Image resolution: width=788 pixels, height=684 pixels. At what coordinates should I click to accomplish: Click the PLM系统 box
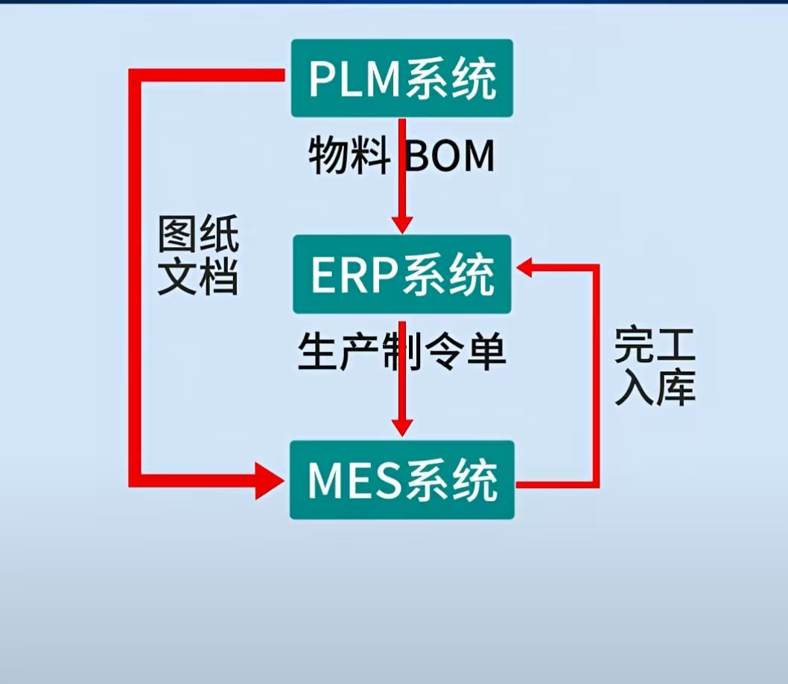401,78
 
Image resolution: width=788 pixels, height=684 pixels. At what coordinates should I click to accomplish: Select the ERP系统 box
401,274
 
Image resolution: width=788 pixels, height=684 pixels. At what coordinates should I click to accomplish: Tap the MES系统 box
401,480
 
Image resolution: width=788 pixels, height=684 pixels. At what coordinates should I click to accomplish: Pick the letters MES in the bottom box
355,482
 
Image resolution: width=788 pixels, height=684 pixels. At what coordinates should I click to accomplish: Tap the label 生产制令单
401,351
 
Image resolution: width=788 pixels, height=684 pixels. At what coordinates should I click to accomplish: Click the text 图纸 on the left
198,237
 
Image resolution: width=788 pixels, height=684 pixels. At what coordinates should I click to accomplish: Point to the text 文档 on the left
198,278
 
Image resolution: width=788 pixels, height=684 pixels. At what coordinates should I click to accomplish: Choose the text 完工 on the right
655,346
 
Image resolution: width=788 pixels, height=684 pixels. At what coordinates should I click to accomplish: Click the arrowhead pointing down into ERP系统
402,223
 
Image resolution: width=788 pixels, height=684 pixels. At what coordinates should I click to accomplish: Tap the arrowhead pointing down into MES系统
402,426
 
